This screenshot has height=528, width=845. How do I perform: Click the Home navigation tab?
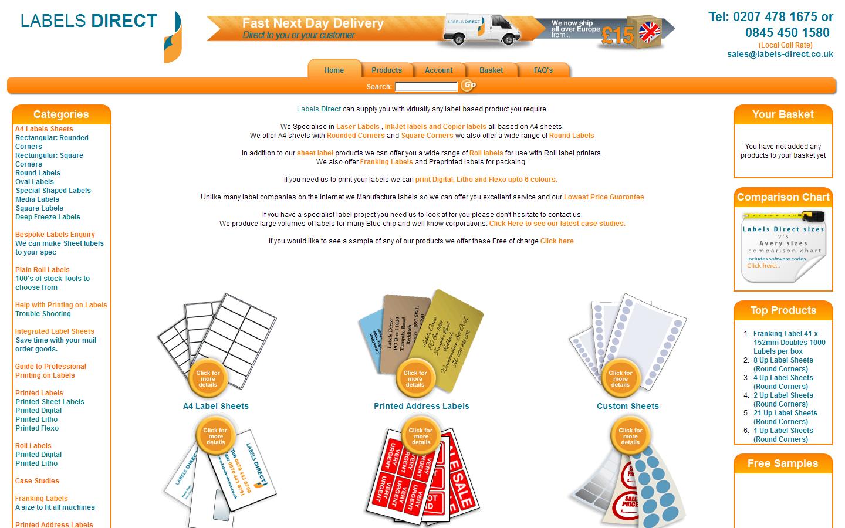(334, 70)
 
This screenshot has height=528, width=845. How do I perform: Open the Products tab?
(386, 70)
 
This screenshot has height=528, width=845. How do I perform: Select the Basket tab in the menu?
(491, 70)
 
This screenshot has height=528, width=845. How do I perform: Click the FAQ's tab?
(543, 70)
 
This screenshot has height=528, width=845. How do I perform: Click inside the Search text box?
(426, 87)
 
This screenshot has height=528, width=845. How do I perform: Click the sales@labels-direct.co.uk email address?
(780, 54)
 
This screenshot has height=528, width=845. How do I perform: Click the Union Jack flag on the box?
(650, 31)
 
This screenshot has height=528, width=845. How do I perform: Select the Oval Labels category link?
(35, 182)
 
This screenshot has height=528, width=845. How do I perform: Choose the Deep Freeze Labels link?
(48, 217)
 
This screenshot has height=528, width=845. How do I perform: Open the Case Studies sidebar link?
(37, 481)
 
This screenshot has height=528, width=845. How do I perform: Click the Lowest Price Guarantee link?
(604, 197)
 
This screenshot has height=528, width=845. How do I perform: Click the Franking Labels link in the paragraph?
(386, 162)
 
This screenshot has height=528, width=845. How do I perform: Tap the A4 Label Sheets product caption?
(216, 406)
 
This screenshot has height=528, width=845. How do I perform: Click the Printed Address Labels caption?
(421, 406)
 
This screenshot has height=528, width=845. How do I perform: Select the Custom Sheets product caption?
(627, 406)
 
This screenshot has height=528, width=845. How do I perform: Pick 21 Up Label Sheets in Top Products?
(785, 413)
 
